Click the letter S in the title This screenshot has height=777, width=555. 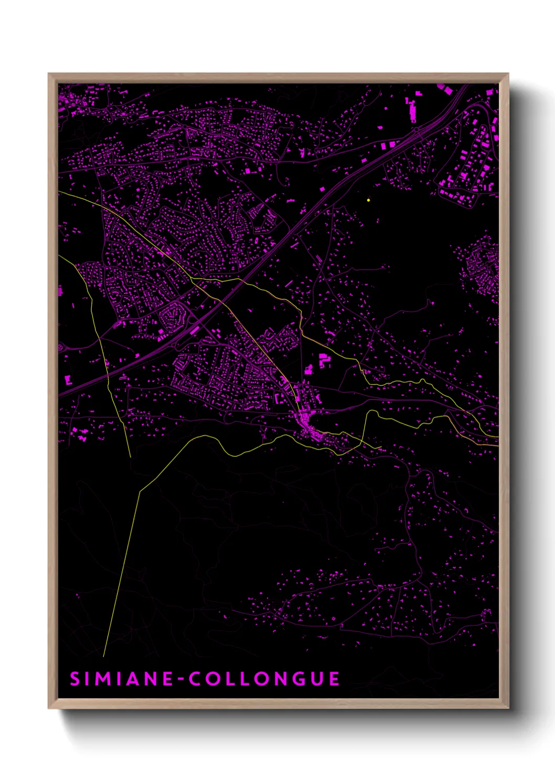(74, 679)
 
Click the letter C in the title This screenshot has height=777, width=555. (197, 679)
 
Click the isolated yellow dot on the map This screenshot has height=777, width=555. (369, 200)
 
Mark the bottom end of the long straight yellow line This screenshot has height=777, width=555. (104, 656)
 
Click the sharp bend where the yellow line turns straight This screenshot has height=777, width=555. (140, 491)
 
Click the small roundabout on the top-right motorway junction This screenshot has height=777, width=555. (416, 129)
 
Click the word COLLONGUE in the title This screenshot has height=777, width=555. (264, 679)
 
